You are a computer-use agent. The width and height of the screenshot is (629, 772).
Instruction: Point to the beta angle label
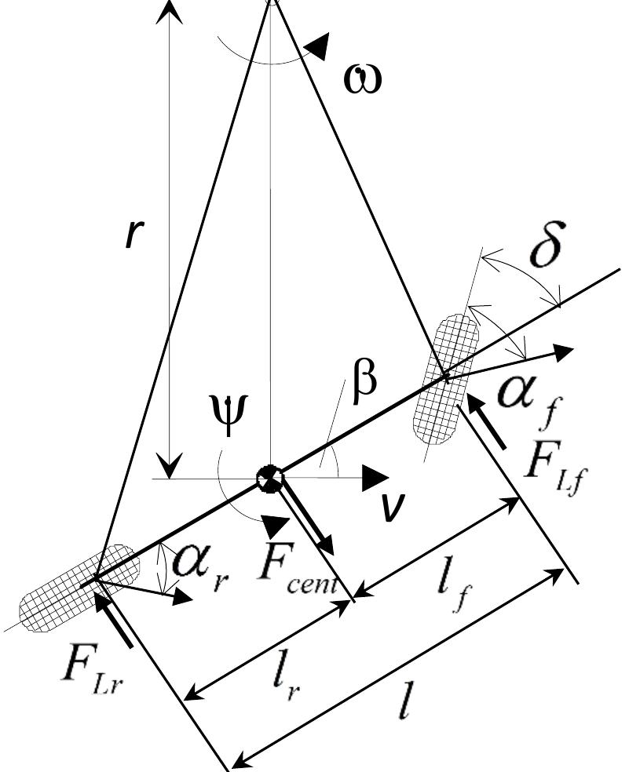[364, 382]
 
